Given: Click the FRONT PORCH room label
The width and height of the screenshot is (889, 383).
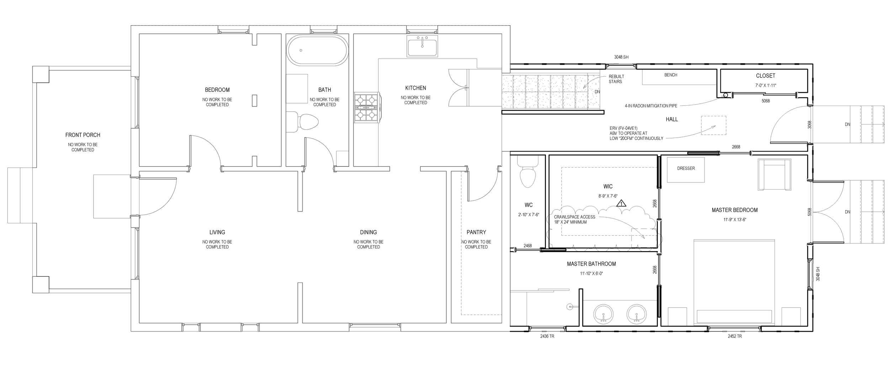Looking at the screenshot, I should click(82, 135).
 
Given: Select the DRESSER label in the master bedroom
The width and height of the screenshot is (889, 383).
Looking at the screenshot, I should click(686, 169).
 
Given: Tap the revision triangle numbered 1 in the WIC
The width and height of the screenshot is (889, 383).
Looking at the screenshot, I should click(621, 204).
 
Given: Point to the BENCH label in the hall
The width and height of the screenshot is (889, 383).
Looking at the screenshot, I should click(671, 75).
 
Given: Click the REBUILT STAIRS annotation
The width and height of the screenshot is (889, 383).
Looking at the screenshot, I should click(616, 79).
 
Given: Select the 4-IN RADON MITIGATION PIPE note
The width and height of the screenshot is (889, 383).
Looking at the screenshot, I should click(651, 106).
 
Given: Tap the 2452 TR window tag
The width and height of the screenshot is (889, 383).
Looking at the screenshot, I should click(735, 336).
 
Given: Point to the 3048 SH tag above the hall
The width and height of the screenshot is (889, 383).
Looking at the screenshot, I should click(621, 57).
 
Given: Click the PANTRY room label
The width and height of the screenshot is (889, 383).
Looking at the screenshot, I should click(476, 232).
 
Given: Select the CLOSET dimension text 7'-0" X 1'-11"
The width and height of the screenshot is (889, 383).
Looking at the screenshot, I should click(765, 86).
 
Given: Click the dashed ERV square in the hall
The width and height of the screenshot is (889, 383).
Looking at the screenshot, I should click(713, 126).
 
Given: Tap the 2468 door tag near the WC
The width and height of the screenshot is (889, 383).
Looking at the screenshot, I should click(528, 246).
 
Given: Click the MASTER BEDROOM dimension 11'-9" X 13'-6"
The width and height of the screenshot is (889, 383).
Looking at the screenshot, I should click(735, 220).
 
